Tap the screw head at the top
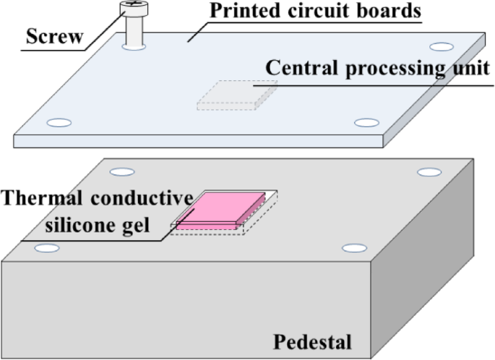(135, 9)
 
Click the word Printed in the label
(243, 12)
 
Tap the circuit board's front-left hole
(59, 123)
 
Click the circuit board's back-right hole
(441, 47)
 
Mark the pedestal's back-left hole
(122, 173)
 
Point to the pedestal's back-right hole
(429, 173)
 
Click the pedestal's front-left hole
(47, 248)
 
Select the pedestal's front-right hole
(354, 248)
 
